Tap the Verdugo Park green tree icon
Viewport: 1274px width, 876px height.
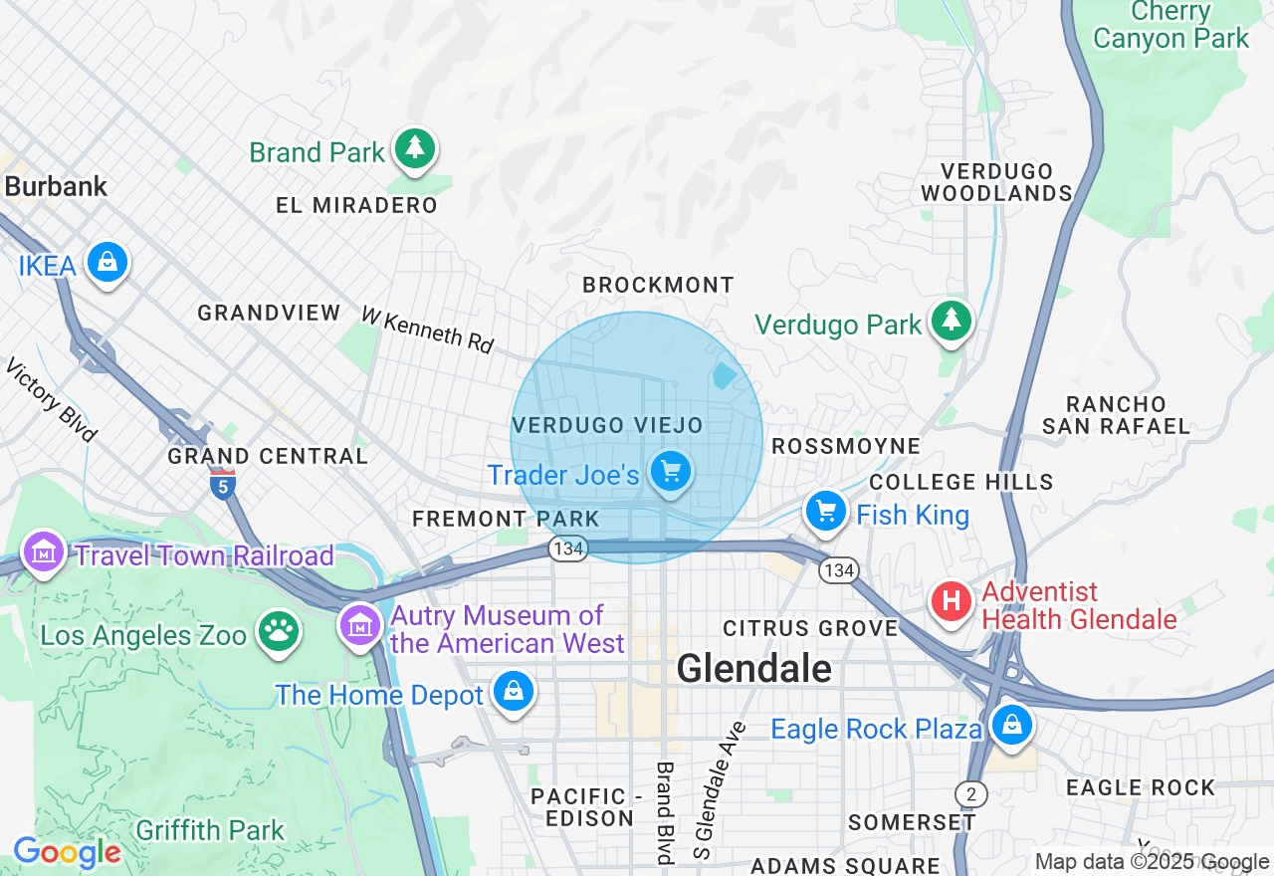coord(953,321)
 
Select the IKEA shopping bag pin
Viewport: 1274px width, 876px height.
coord(106,262)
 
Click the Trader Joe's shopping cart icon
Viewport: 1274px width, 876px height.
coord(671,471)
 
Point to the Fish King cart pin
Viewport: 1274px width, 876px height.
coord(825,512)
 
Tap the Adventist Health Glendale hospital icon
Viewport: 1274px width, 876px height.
coord(951,602)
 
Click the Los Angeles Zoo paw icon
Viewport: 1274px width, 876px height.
coord(278,630)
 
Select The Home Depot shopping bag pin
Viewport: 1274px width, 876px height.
coord(514,691)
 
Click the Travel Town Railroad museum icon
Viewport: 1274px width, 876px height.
coord(44,551)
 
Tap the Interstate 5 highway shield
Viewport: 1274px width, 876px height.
coord(223,485)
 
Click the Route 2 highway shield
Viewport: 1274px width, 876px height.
coord(970,793)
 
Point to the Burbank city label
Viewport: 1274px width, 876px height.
coord(56,187)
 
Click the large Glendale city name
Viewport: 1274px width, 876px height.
coord(753,668)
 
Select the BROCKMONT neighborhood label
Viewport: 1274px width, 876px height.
coord(658,286)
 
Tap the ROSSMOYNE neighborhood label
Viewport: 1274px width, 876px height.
coord(846,446)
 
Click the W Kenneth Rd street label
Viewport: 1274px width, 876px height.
coord(427,329)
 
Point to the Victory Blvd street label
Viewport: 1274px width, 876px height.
coord(51,399)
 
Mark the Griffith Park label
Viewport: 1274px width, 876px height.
coord(210,830)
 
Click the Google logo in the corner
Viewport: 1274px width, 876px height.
coord(66,853)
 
